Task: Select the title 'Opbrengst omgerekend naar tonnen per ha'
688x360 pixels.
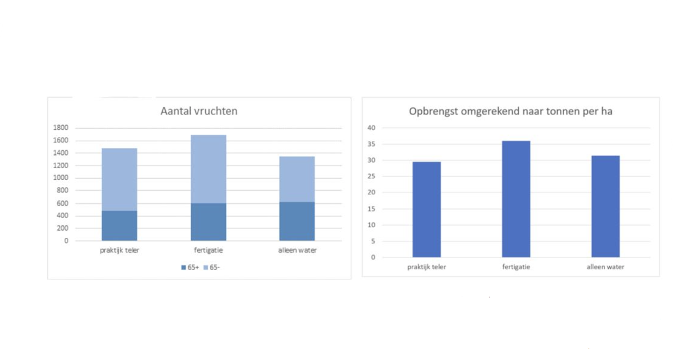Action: (510, 111)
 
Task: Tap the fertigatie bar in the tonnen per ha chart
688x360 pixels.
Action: (516, 199)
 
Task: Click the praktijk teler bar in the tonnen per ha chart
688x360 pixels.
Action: (427, 209)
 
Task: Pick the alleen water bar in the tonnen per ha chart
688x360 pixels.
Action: (605, 206)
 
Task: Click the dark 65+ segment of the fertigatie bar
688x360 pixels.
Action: (208, 222)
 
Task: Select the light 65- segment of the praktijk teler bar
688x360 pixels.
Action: (120, 179)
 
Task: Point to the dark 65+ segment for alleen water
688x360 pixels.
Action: (297, 221)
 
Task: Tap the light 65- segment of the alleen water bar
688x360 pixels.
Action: (297, 179)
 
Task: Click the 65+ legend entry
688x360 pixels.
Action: (190, 268)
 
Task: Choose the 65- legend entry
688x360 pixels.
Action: (212, 268)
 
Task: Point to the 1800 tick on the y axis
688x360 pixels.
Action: (61, 128)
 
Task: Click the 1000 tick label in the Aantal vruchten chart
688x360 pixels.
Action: (61, 178)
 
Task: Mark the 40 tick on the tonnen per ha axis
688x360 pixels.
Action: (371, 128)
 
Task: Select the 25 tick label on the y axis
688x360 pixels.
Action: (371, 176)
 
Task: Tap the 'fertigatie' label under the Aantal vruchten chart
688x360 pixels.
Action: (208, 250)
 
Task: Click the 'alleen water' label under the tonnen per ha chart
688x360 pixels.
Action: (605, 267)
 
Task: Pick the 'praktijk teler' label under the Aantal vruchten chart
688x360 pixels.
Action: (120, 250)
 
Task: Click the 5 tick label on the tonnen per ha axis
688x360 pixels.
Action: (373, 241)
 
